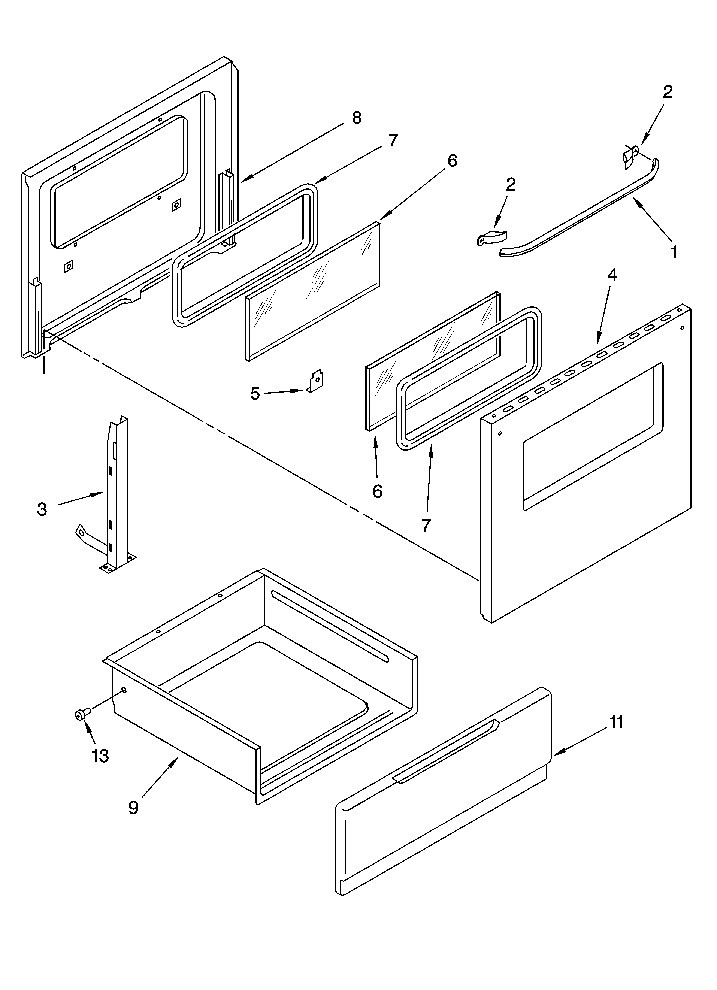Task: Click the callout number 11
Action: (x=616, y=722)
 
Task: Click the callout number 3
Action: (x=42, y=509)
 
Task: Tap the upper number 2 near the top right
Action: (x=667, y=92)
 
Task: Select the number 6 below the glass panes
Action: (x=377, y=491)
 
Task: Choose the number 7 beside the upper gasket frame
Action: (x=393, y=140)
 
